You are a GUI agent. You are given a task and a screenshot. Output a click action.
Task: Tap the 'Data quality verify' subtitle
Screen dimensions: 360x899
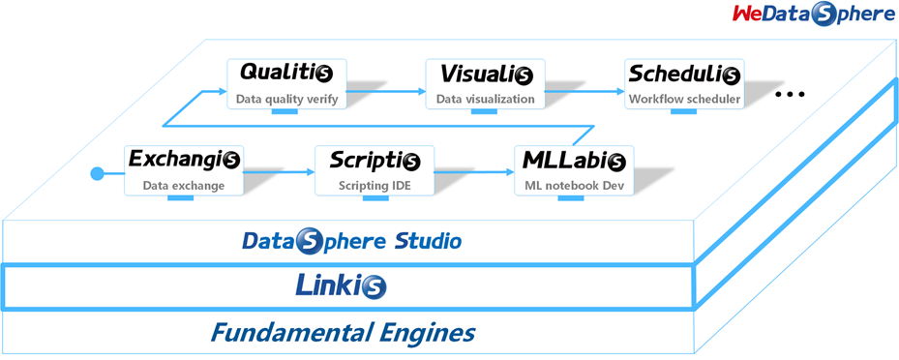(x=286, y=99)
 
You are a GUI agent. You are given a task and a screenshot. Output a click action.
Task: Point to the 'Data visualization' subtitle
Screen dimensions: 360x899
(x=485, y=99)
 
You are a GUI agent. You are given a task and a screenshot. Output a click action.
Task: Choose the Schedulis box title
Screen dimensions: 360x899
(x=684, y=74)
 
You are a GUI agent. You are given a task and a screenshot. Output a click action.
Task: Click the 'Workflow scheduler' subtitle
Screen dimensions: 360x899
(x=684, y=99)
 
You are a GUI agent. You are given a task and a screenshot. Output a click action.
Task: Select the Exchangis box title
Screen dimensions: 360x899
(x=184, y=159)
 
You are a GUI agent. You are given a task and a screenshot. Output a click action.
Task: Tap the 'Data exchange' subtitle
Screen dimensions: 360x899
(x=184, y=185)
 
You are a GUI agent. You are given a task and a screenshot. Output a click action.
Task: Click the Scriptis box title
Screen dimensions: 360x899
(x=375, y=159)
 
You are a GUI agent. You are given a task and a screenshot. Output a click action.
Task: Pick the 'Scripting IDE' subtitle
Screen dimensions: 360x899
(x=375, y=185)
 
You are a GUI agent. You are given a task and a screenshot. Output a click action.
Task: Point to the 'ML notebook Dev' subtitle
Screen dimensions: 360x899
(x=574, y=185)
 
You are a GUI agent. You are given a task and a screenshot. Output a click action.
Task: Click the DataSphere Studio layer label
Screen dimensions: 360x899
(x=351, y=240)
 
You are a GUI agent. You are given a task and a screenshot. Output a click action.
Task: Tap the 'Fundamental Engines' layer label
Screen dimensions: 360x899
(x=343, y=334)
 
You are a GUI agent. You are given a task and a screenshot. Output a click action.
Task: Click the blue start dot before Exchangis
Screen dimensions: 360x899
(x=96, y=174)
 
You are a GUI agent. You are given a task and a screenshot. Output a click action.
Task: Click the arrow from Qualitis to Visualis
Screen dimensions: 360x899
(x=387, y=92)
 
